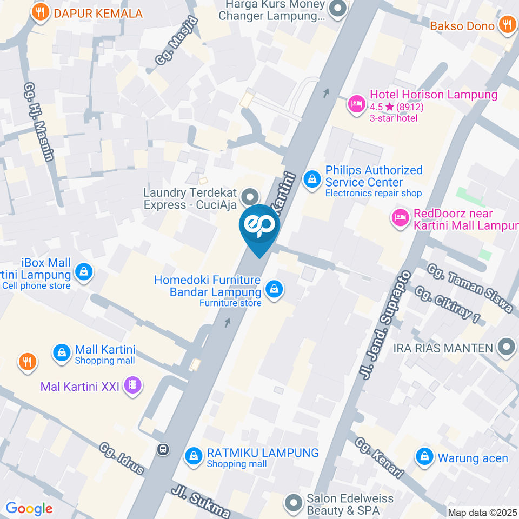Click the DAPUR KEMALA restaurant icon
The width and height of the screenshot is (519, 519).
coord(39,12)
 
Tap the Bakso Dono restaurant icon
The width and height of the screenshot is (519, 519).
coord(507,24)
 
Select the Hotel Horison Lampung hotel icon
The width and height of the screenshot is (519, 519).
coord(356,103)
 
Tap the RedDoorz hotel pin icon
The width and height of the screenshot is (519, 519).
coord(400,219)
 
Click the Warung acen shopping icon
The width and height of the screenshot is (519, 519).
coord(425,457)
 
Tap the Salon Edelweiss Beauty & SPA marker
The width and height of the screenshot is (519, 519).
coord(294,503)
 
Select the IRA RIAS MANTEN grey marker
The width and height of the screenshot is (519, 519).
coord(507,347)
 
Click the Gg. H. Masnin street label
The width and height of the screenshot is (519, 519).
coord(39,122)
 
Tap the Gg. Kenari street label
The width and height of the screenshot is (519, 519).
coord(380,457)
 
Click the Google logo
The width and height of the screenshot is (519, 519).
coord(29,508)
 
